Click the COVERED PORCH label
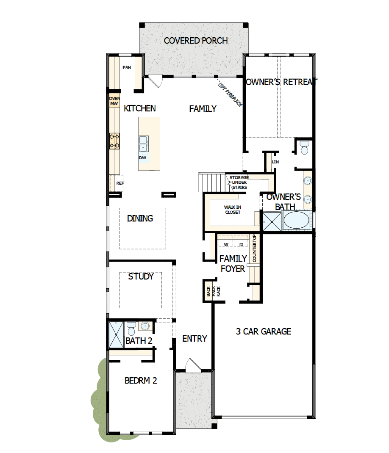click(196, 41)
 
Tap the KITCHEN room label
click(139, 108)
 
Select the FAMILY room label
click(203, 109)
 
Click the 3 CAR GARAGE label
click(263, 331)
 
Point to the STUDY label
click(141, 276)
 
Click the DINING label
click(140, 218)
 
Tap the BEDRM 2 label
click(141, 381)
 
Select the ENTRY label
click(194, 338)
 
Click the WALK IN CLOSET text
click(232, 210)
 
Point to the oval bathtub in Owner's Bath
click(296, 221)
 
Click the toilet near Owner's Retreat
click(304, 148)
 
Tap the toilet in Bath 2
click(131, 328)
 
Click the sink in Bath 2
click(145, 326)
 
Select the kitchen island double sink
click(144, 144)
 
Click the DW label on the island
click(142, 157)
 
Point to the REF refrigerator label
click(120, 183)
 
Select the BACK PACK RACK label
click(208, 291)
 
